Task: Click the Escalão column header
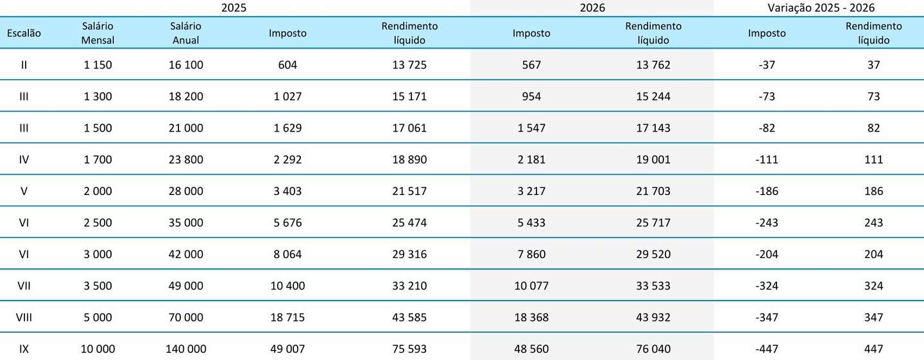24,33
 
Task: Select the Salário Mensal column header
98,33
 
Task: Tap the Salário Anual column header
185,33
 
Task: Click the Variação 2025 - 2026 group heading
821,8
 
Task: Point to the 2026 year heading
592,8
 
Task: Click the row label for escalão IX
24,349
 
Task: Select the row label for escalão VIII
24,317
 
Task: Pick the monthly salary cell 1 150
98,65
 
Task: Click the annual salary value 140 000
185,349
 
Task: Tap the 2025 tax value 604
287,65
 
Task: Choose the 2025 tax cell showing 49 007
287,349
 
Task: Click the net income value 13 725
409,65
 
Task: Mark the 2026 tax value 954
531,96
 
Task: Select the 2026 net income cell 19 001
653,160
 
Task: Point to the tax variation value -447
767,349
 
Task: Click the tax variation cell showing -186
767,191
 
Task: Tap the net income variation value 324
874,286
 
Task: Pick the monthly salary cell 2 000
98,191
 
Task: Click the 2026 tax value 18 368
531,317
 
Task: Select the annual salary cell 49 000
185,286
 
